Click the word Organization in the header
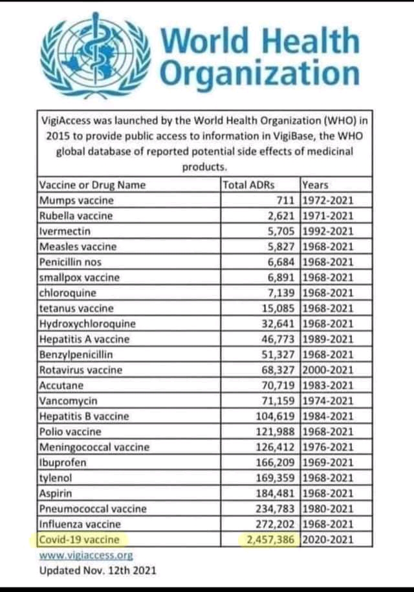[x=259, y=72]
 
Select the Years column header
[x=316, y=185]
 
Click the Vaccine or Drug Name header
[x=93, y=185]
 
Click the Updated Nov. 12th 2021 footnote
[x=97, y=570]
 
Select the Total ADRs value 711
[x=287, y=200]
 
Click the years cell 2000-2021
[x=328, y=370]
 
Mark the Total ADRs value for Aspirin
[x=275, y=493]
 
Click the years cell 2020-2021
[x=328, y=538]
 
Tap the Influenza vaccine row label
[x=80, y=524]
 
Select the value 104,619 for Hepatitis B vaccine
[x=275, y=416]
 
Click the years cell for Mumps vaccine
[x=328, y=200]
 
